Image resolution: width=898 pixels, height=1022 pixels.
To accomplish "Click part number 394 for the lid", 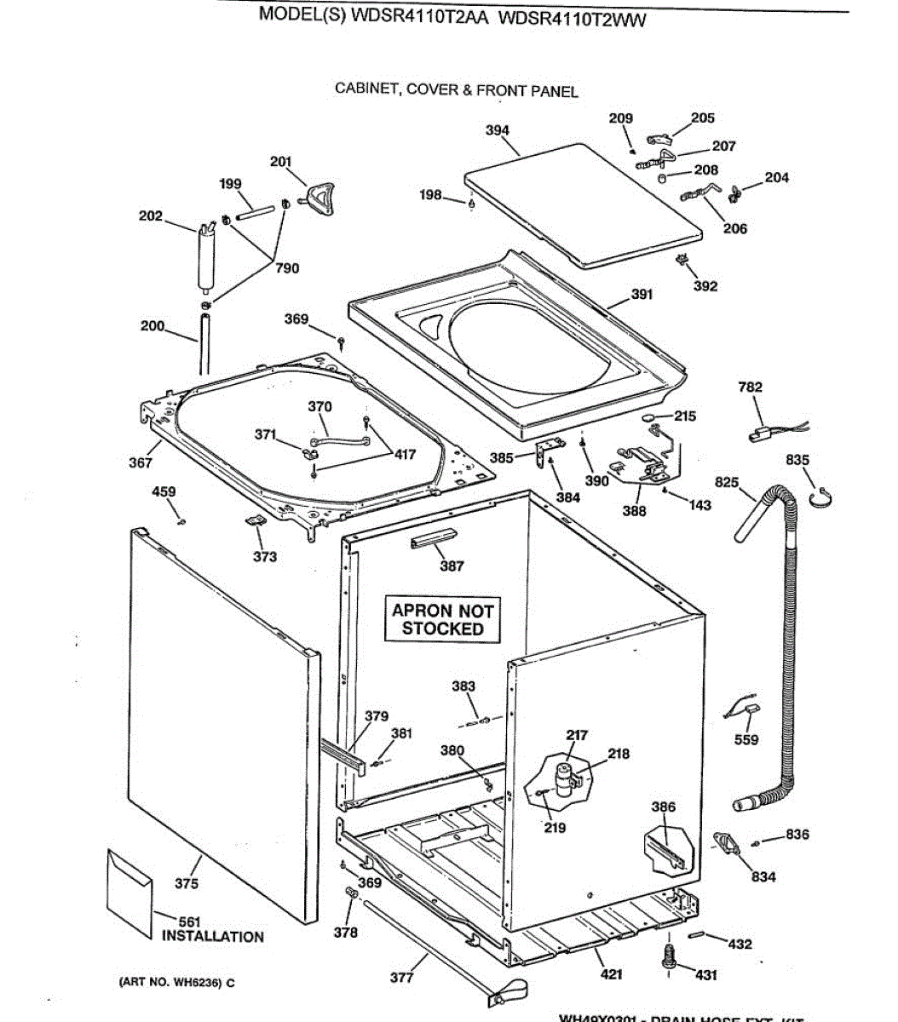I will (x=498, y=130).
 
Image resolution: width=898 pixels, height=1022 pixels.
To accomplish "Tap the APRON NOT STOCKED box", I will (x=443, y=620).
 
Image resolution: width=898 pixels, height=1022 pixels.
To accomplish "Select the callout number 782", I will (x=751, y=388).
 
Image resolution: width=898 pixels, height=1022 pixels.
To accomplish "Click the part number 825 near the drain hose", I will (x=727, y=483).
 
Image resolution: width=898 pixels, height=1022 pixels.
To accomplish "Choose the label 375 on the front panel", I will (x=187, y=884).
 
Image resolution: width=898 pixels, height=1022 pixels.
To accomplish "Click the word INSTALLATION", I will (x=213, y=937).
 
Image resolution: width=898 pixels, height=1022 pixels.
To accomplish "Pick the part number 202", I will (x=151, y=216).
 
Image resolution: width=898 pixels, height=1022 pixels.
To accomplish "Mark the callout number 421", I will (x=612, y=974).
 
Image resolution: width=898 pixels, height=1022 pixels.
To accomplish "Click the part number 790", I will (x=287, y=268).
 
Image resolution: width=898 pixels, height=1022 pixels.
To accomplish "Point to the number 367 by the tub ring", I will (x=141, y=462).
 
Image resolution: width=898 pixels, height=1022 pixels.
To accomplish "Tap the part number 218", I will (x=619, y=754).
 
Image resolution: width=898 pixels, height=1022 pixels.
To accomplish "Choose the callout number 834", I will (x=763, y=876).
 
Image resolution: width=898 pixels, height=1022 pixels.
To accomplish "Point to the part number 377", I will (x=402, y=978).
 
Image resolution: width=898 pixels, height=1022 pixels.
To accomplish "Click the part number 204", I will (x=776, y=178).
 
